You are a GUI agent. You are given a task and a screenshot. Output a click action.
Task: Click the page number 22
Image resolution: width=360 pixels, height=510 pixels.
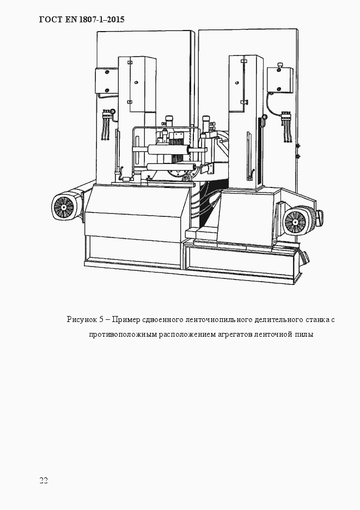coord(44,480)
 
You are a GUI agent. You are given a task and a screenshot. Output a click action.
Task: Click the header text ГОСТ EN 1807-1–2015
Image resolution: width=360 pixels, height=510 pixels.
coord(82,20)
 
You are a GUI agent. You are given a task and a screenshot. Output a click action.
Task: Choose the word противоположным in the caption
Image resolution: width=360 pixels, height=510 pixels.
coord(123,335)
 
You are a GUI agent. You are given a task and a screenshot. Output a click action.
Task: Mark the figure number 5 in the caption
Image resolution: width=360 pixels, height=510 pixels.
coord(102,319)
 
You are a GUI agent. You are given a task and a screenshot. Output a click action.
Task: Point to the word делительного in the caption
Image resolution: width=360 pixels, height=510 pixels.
coord(275,319)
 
